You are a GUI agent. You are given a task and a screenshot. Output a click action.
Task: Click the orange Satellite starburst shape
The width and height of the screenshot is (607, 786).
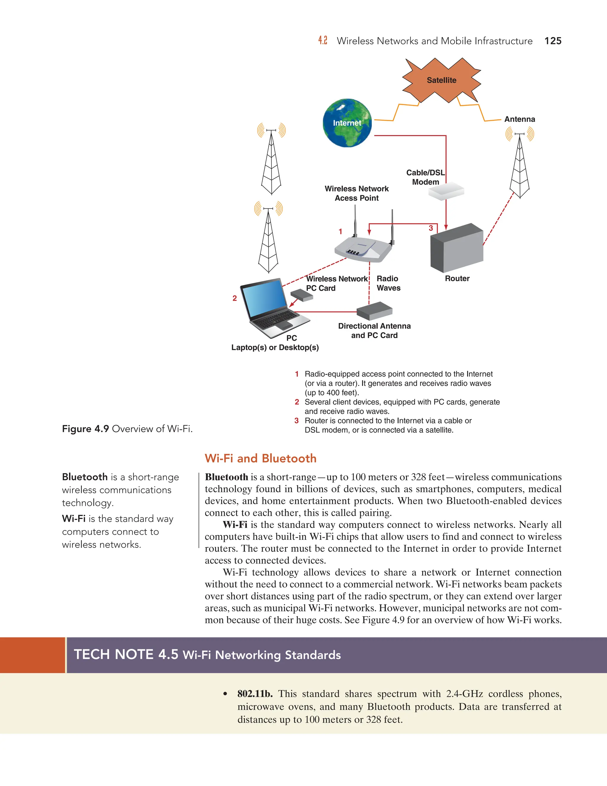441,80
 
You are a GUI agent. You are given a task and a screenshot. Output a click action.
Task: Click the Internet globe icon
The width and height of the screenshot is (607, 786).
347,123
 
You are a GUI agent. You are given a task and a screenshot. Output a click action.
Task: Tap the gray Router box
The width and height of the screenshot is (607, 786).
457,248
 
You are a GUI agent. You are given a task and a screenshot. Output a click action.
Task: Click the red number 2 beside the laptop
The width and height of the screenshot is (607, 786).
234,298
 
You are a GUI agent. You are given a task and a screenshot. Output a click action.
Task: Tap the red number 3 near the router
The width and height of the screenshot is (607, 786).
431,228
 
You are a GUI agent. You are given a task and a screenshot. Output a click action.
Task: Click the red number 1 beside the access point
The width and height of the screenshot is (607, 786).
340,231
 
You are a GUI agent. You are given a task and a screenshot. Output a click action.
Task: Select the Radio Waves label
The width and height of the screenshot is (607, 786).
388,283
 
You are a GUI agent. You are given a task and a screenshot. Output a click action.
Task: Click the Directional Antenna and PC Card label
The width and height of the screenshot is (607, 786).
374,331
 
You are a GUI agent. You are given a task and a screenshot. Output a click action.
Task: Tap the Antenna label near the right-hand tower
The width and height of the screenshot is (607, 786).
519,120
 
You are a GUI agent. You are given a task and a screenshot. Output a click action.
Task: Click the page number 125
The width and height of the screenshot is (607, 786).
553,41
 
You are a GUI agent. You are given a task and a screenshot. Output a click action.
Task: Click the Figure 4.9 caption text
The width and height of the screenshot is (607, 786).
127,429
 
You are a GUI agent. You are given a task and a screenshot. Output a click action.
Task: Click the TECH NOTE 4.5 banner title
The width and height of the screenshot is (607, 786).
207,655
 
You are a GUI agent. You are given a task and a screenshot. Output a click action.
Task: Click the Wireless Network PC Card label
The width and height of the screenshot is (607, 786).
337,283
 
